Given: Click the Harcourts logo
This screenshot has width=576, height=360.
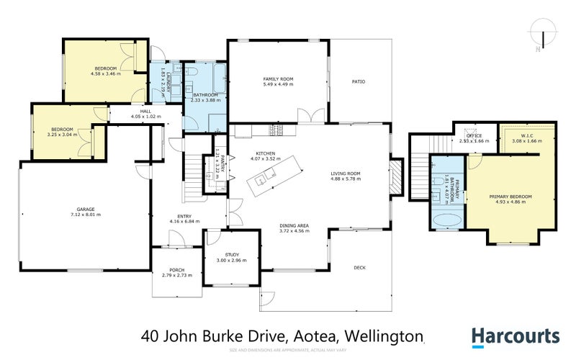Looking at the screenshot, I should pos(515,336).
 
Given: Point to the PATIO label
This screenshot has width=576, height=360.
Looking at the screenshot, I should pos(359,81).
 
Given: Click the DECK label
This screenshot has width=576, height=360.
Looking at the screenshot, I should pos(360,267).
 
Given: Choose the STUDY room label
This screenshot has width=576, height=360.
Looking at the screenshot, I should pos(231,254).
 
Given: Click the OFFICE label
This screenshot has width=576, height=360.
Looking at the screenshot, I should pos(474,135).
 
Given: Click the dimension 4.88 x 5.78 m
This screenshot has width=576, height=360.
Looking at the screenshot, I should pos(345,178).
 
